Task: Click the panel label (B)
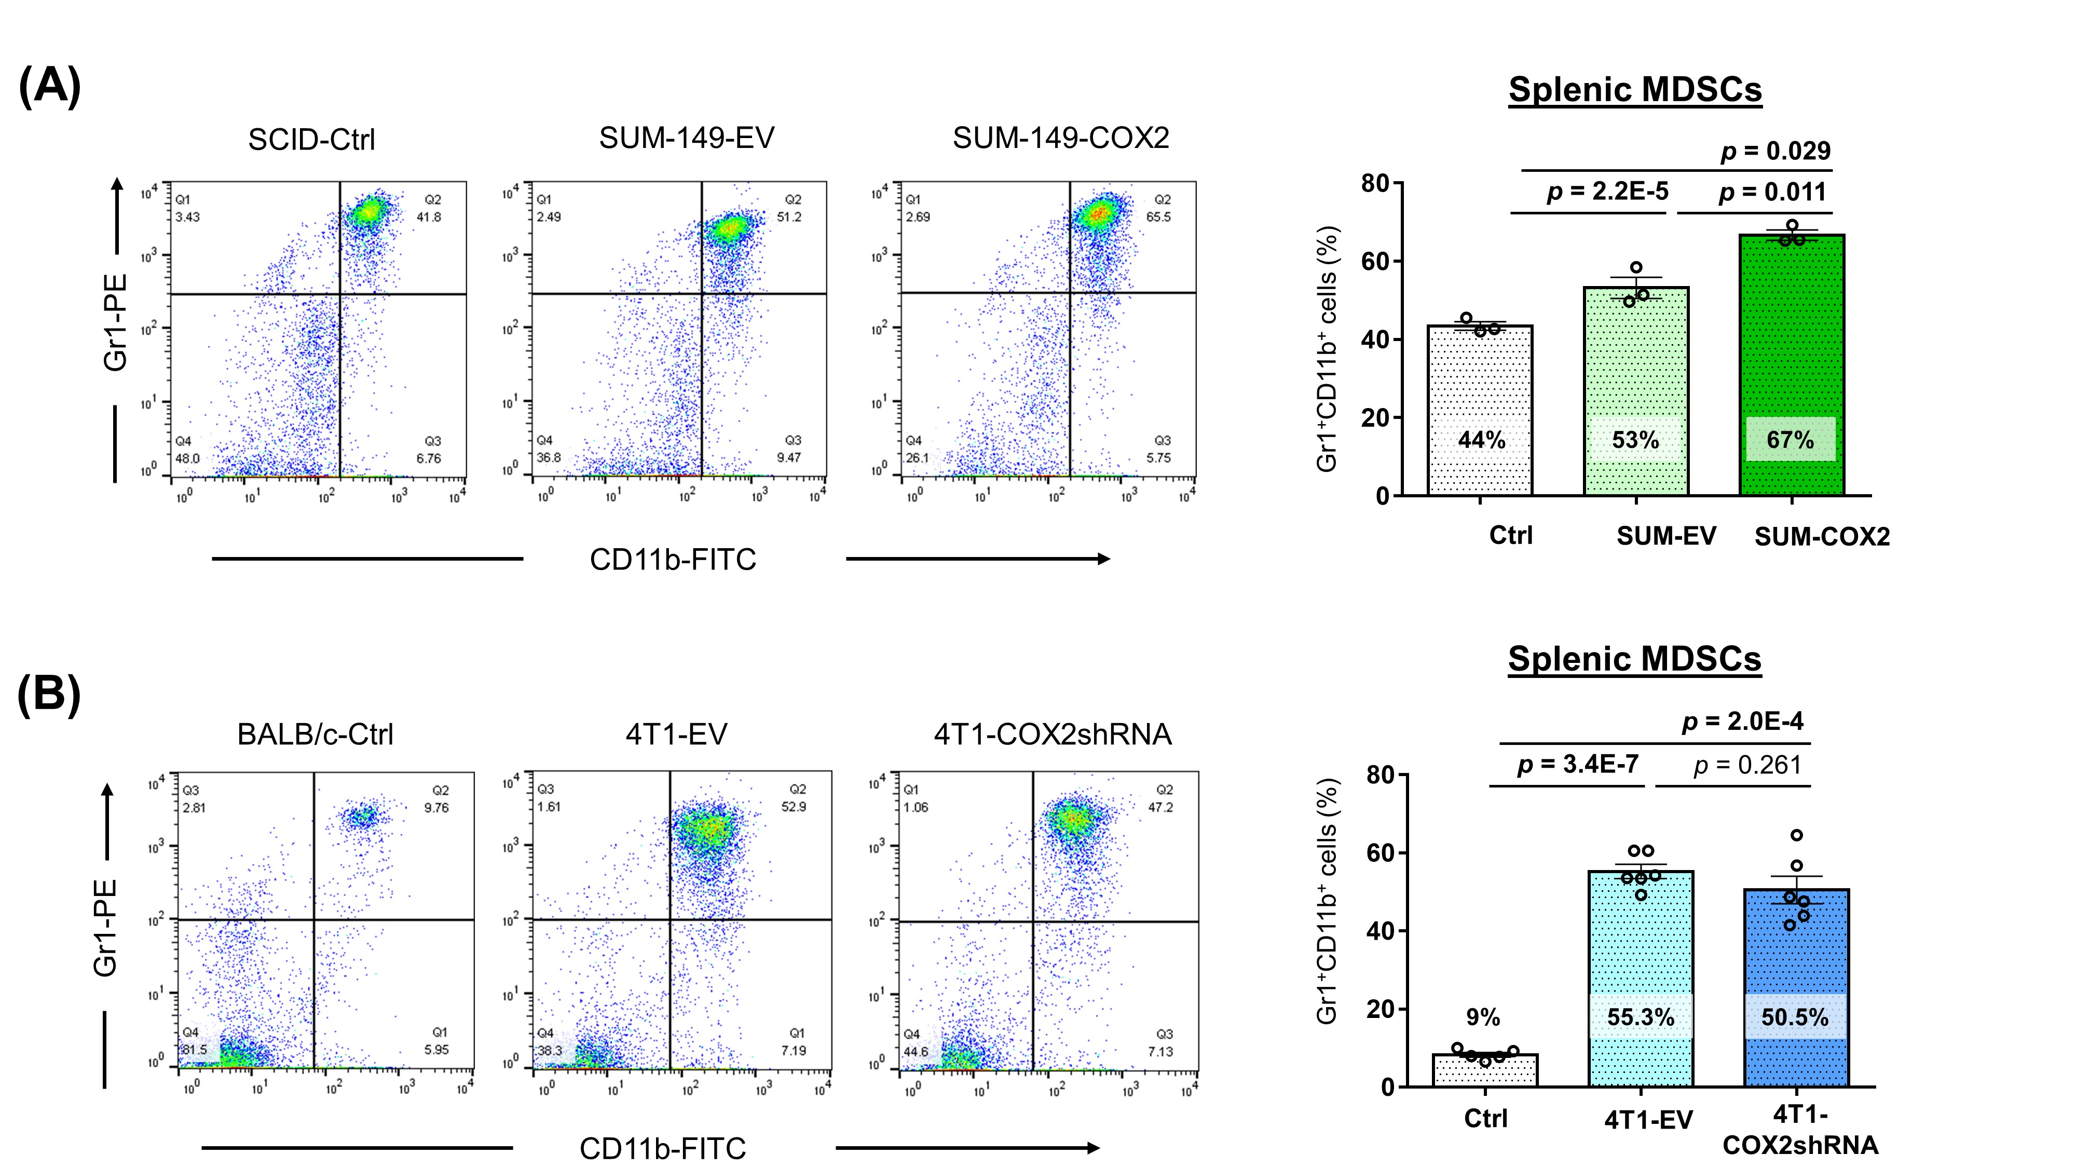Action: (49, 695)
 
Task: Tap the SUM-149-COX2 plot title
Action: (1060, 138)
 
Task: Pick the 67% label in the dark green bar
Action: (1790, 440)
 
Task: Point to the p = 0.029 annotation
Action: (1775, 151)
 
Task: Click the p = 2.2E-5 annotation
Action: (1607, 192)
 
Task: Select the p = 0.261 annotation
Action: (1747, 765)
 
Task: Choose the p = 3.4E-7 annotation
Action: (1578, 763)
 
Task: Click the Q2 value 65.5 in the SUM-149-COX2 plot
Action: (1158, 217)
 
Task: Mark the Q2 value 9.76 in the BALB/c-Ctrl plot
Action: (436, 808)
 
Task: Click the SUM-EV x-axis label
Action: (1666, 536)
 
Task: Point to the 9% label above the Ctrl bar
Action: (1483, 1017)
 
